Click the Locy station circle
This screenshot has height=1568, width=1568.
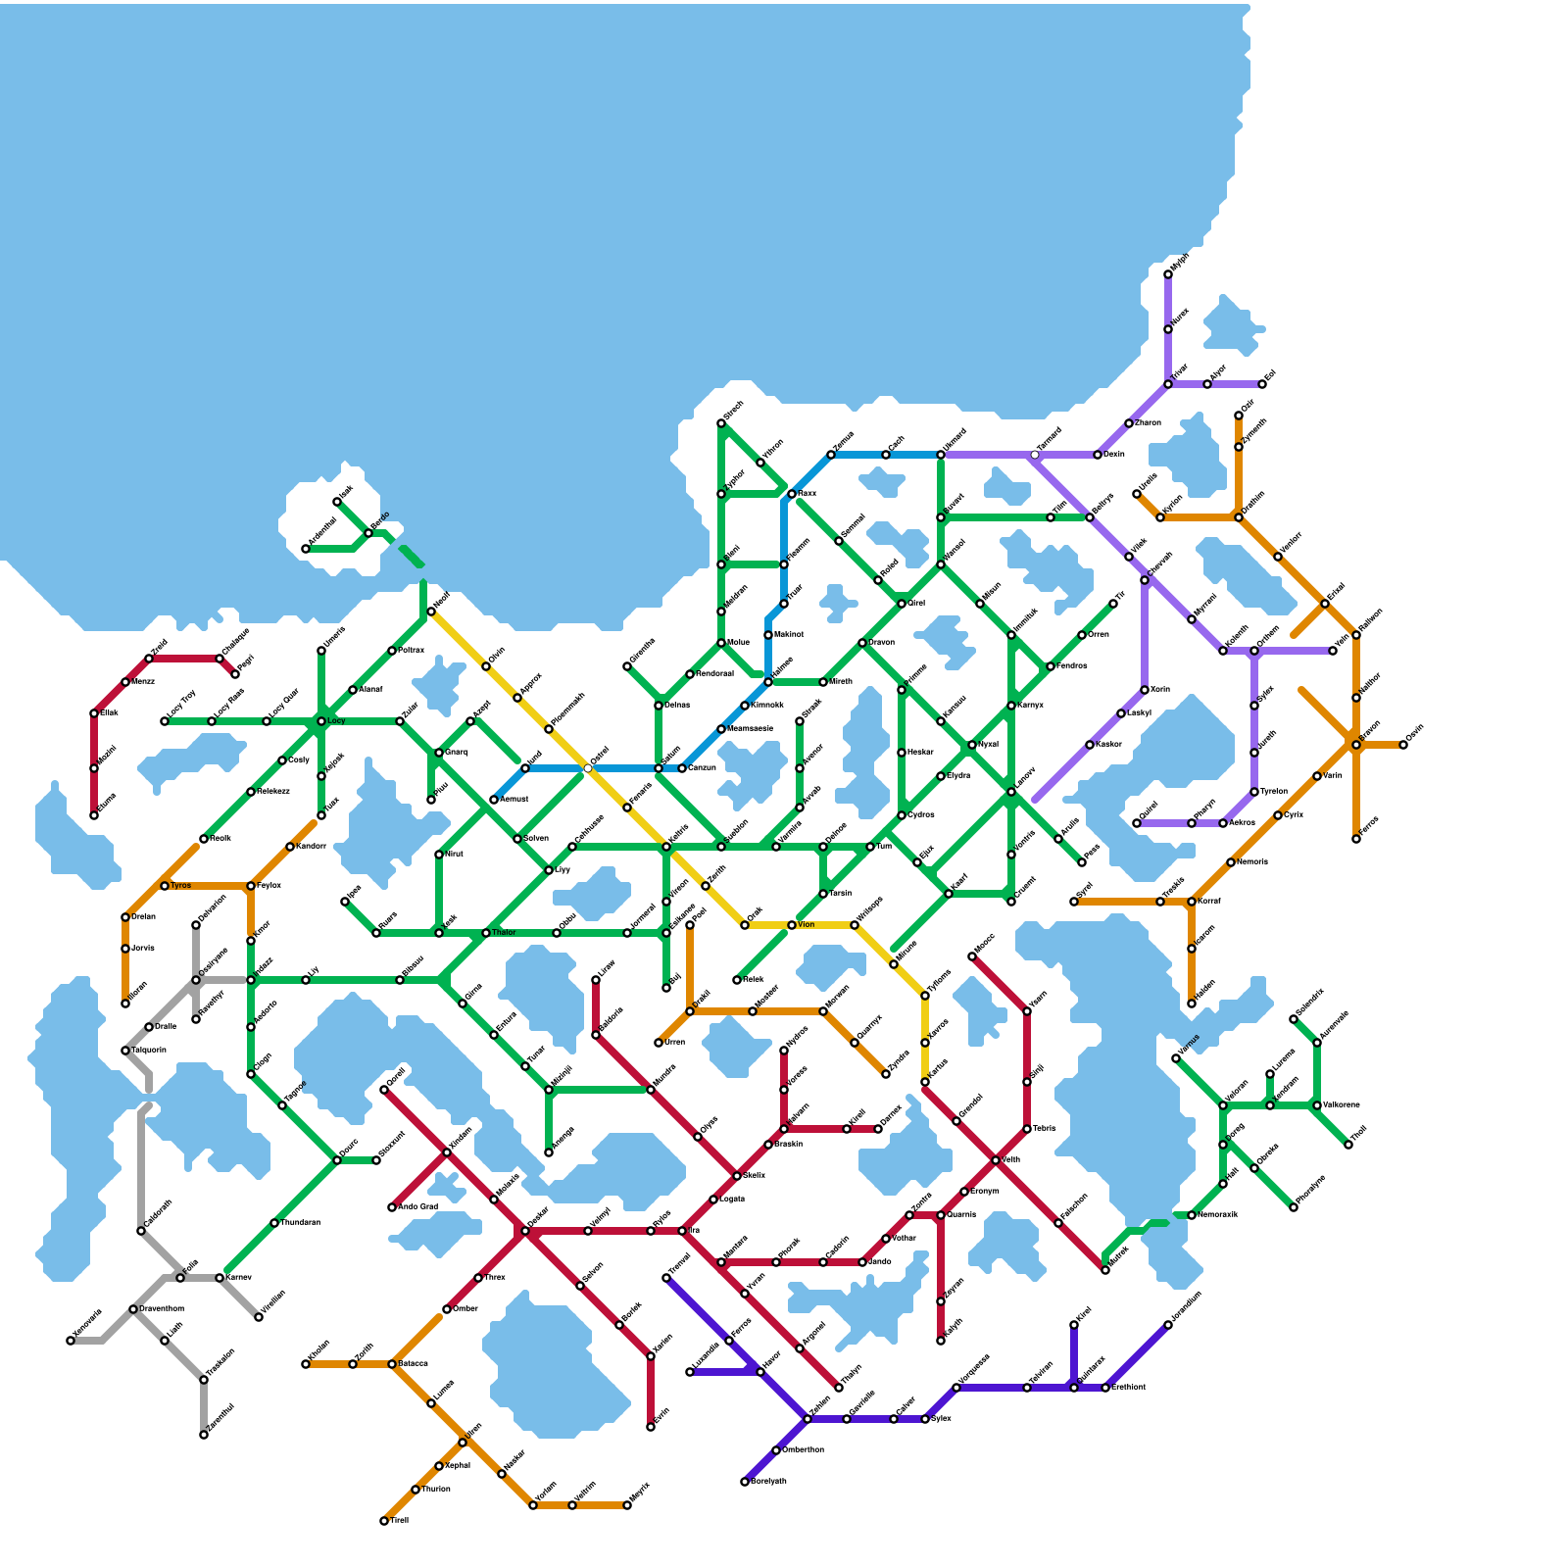pyautogui.click(x=321, y=721)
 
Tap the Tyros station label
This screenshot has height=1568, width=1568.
pyautogui.click(x=181, y=886)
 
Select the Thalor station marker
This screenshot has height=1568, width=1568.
pyautogui.click(x=486, y=933)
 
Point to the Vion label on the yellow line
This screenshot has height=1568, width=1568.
pyautogui.click(x=807, y=925)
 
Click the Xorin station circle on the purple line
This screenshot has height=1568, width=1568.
pyautogui.click(x=1145, y=690)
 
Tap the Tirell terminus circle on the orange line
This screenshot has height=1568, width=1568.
pyautogui.click(x=384, y=1521)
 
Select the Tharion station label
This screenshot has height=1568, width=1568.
pyautogui.click(x=436, y=1490)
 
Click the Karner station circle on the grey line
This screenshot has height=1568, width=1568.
pyautogui.click(x=220, y=1278)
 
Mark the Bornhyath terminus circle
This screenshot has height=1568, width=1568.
pyautogui.click(x=745, y=1482)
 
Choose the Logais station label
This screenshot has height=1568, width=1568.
pyautogui.click(x=733, y=1200)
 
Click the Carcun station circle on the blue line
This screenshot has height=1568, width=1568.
pyautogui.click(x=682, y=768)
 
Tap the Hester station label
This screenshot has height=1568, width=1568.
pyautogui.click(x=921, y=753)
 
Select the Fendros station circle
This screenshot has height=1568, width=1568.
pyautogui.click(x=1051, y=666)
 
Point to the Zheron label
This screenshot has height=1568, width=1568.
pyautogui.click(x=1148, y=423)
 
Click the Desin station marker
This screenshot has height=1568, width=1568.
pyautogui.click(x=1098, y=455)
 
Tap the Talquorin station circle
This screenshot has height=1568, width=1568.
pyautogui.click(x=125, y=1051)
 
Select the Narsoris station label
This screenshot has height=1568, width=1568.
pyautogui.click(x=1252, y=862)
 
